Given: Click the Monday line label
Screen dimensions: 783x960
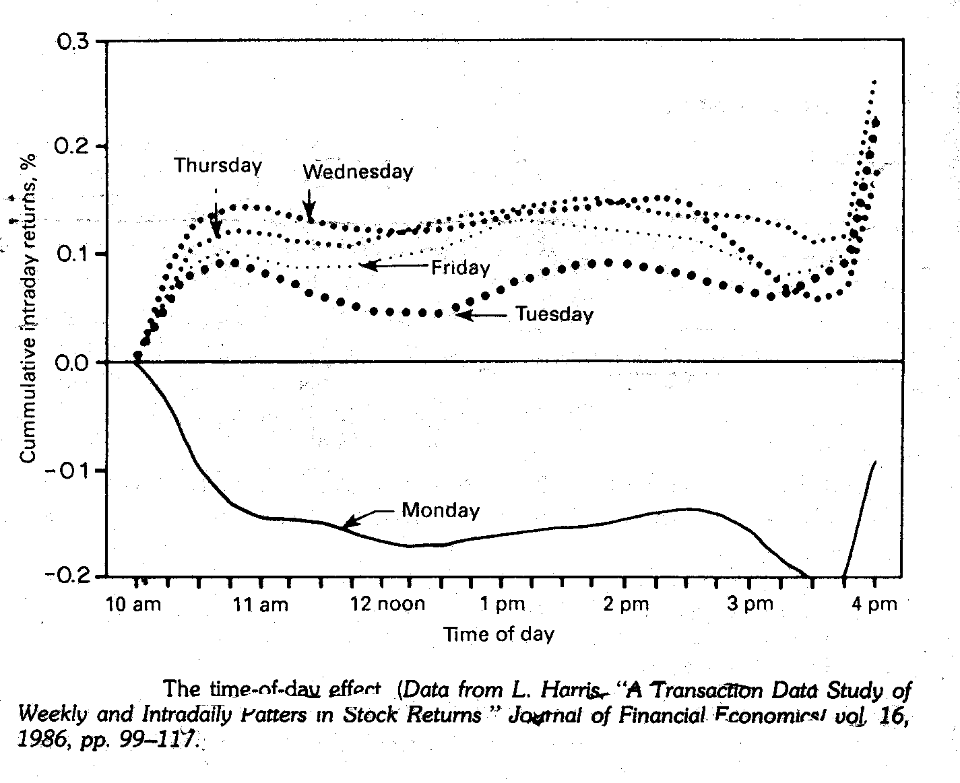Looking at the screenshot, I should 440,510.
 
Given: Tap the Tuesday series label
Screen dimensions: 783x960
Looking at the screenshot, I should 554,314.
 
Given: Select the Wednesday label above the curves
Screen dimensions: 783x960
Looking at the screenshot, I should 358,172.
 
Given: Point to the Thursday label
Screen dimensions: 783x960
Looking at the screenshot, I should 218,166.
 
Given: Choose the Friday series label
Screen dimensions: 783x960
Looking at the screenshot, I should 460,268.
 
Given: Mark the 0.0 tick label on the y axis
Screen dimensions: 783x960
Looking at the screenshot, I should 73,363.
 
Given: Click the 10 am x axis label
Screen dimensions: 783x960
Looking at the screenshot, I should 133,605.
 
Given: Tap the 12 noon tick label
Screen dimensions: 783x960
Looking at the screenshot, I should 388,604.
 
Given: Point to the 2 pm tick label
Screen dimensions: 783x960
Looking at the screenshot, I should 626,605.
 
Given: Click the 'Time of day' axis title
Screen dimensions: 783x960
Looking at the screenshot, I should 499,634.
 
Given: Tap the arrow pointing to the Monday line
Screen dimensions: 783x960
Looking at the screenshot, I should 367,517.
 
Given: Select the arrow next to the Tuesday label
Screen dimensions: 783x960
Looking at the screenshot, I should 481,315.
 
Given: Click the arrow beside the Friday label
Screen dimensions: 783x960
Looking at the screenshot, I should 393,266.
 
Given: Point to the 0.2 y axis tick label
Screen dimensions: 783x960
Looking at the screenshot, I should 73,147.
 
